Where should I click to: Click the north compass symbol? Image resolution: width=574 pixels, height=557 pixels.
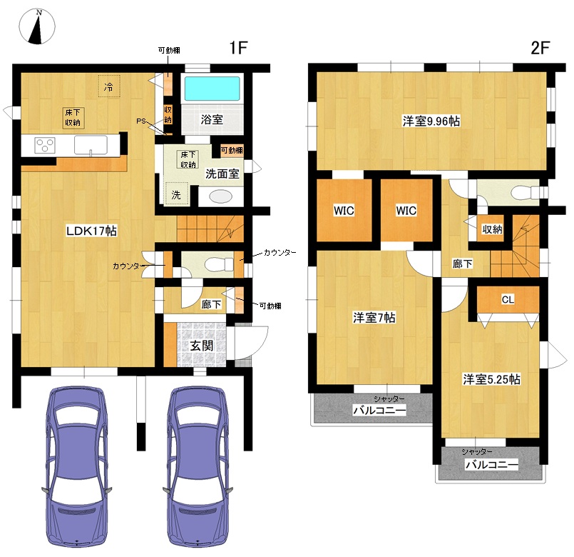tap(37, 26)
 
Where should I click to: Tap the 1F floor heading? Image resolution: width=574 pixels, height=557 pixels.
tap(238, 48)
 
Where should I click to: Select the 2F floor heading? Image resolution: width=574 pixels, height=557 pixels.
tap(540, 48)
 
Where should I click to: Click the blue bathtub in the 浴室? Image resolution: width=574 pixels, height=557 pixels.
tap(212, 89)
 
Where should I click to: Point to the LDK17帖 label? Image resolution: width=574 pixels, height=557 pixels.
tap(91, 231)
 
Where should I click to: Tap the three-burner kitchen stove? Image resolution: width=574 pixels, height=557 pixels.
tap(45, 146)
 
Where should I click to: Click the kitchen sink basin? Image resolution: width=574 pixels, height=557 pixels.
tap(91, 145)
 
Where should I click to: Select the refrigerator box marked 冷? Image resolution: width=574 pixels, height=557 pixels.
tap(108, 86)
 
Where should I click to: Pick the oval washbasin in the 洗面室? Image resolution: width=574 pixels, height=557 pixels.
tap(221, 196)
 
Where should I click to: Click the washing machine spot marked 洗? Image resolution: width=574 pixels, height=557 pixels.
tap(176, 194)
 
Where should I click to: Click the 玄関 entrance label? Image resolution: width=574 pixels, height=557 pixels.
tap(202, 346)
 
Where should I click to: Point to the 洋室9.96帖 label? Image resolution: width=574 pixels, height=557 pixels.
tap(431, 121)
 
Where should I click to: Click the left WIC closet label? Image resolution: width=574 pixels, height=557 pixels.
tap(344, 211)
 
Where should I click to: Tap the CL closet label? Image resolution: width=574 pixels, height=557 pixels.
tap(508, 300)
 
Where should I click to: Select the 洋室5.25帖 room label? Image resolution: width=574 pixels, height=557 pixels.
tap(491, 379)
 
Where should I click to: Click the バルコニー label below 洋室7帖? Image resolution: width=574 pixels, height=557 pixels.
tap(379, 410)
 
